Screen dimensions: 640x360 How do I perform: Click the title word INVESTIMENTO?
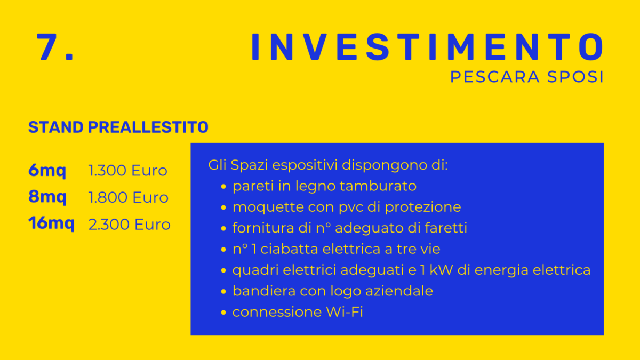click(427, 47)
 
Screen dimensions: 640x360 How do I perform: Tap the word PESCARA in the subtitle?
click(495, 77)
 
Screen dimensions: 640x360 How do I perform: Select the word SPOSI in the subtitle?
click(575, 77)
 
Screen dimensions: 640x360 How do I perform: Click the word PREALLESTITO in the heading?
click(148, 127)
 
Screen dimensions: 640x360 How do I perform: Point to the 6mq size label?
click(47, 171)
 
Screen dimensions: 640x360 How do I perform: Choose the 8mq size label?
click(47, 197)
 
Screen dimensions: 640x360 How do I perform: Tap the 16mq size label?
click(51, 223)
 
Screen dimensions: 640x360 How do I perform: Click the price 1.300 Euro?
click(127, 171)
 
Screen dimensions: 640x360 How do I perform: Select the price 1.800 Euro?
click(128, 197)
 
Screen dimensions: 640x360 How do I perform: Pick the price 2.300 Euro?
click(130, 225)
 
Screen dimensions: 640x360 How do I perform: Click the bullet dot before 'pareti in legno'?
click(223, 187)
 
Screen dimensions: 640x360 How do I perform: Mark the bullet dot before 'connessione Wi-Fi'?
click(223, 313)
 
